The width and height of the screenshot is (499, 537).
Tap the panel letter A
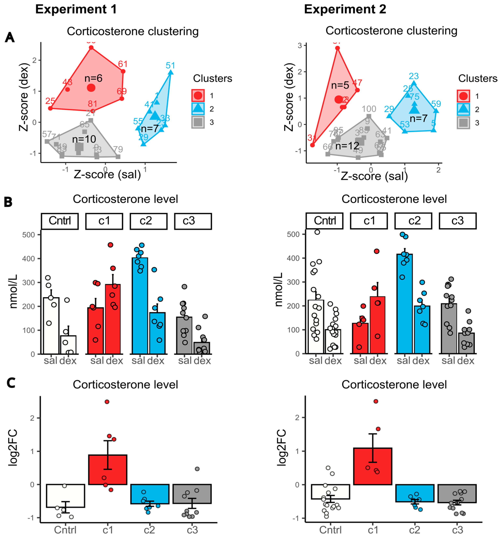[10, 37]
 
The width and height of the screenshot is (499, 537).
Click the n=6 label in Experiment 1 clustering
[93, 78]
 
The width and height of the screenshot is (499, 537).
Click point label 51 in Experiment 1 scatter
[170, 65]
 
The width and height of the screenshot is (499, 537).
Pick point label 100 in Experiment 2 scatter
[369, 109]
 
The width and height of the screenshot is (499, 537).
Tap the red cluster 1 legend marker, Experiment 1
[198, 95]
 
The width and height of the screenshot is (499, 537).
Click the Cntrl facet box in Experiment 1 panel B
[60, 221]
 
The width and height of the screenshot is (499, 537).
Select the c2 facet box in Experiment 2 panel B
[413, 221]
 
